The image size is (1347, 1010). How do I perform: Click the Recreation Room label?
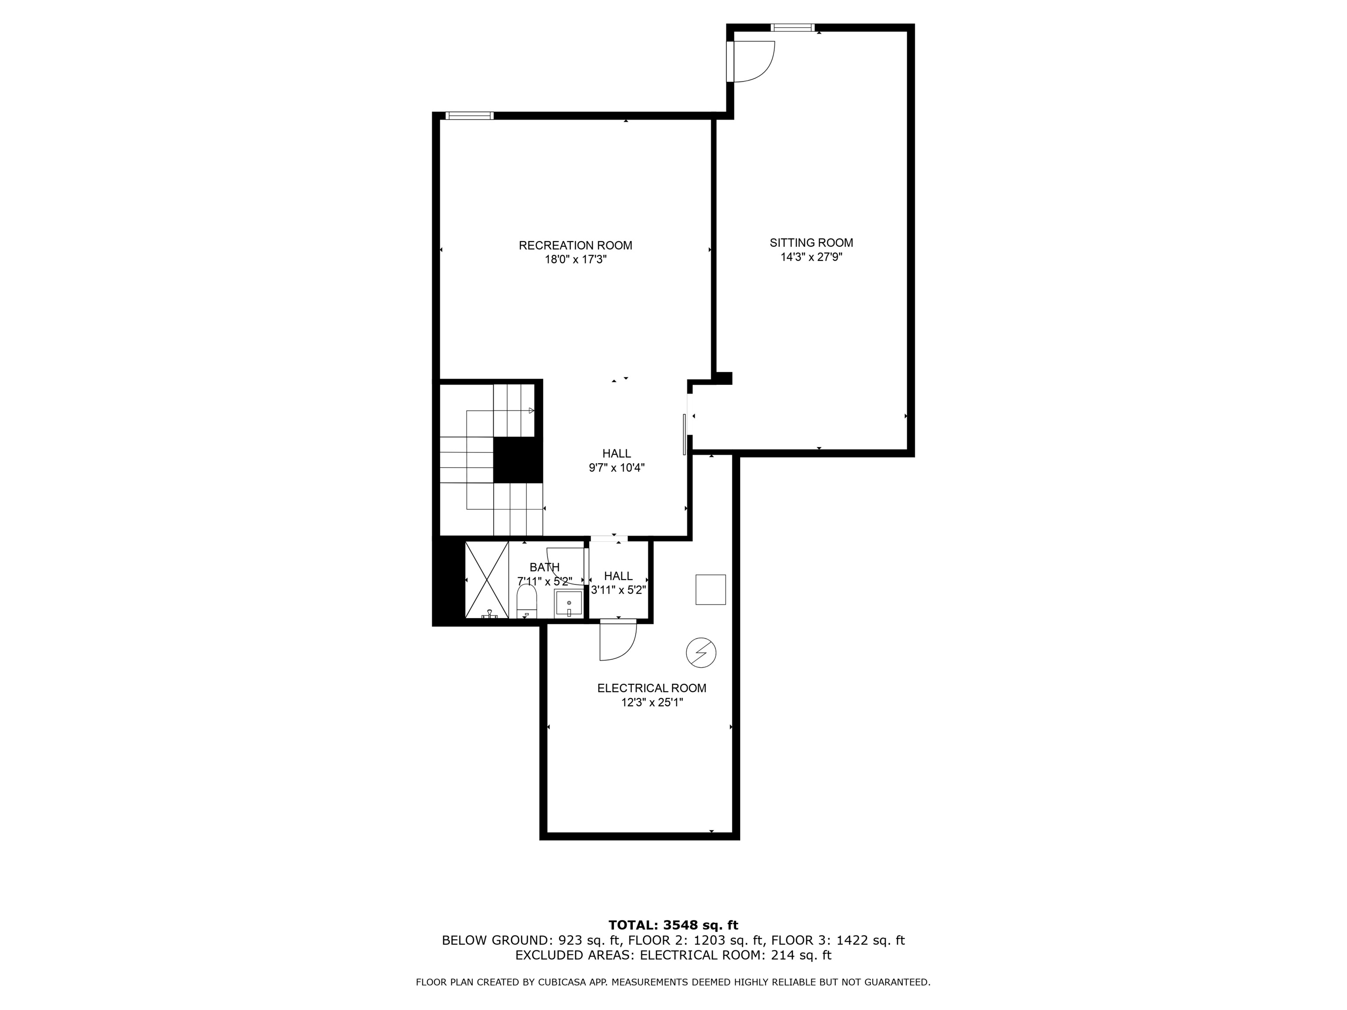pos(575,245)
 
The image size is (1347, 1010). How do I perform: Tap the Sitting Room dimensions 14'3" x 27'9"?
pos(811,257)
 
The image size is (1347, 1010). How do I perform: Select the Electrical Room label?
pos(652,688)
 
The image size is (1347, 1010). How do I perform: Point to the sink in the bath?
pos(568,603)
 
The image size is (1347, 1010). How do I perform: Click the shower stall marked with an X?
pos(487,579)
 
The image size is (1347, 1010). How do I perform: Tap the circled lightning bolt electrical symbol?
pos(701,653)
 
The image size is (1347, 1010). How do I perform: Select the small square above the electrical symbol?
pos(711,589)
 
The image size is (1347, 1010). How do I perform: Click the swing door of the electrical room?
pos(617,641)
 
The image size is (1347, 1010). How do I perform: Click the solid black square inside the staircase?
pos(517,460)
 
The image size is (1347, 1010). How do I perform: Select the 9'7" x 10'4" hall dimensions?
pos(616,468)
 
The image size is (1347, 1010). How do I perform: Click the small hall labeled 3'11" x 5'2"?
pos(618,583)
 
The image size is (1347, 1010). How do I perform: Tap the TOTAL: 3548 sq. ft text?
pos(673,925)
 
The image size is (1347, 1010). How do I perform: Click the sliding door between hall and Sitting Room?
pos(685,434)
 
